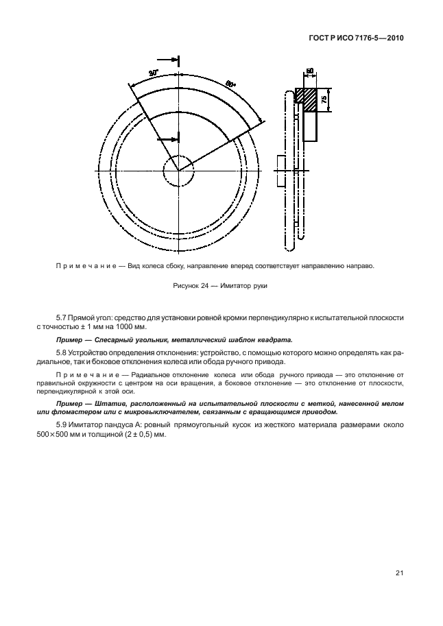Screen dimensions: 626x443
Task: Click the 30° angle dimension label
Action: (x=152, y=73)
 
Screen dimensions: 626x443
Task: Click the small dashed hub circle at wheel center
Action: (x=179, y=169)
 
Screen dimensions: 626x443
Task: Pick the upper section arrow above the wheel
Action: (x=168, y=59)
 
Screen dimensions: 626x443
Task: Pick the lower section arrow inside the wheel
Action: (x=168, y=139)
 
